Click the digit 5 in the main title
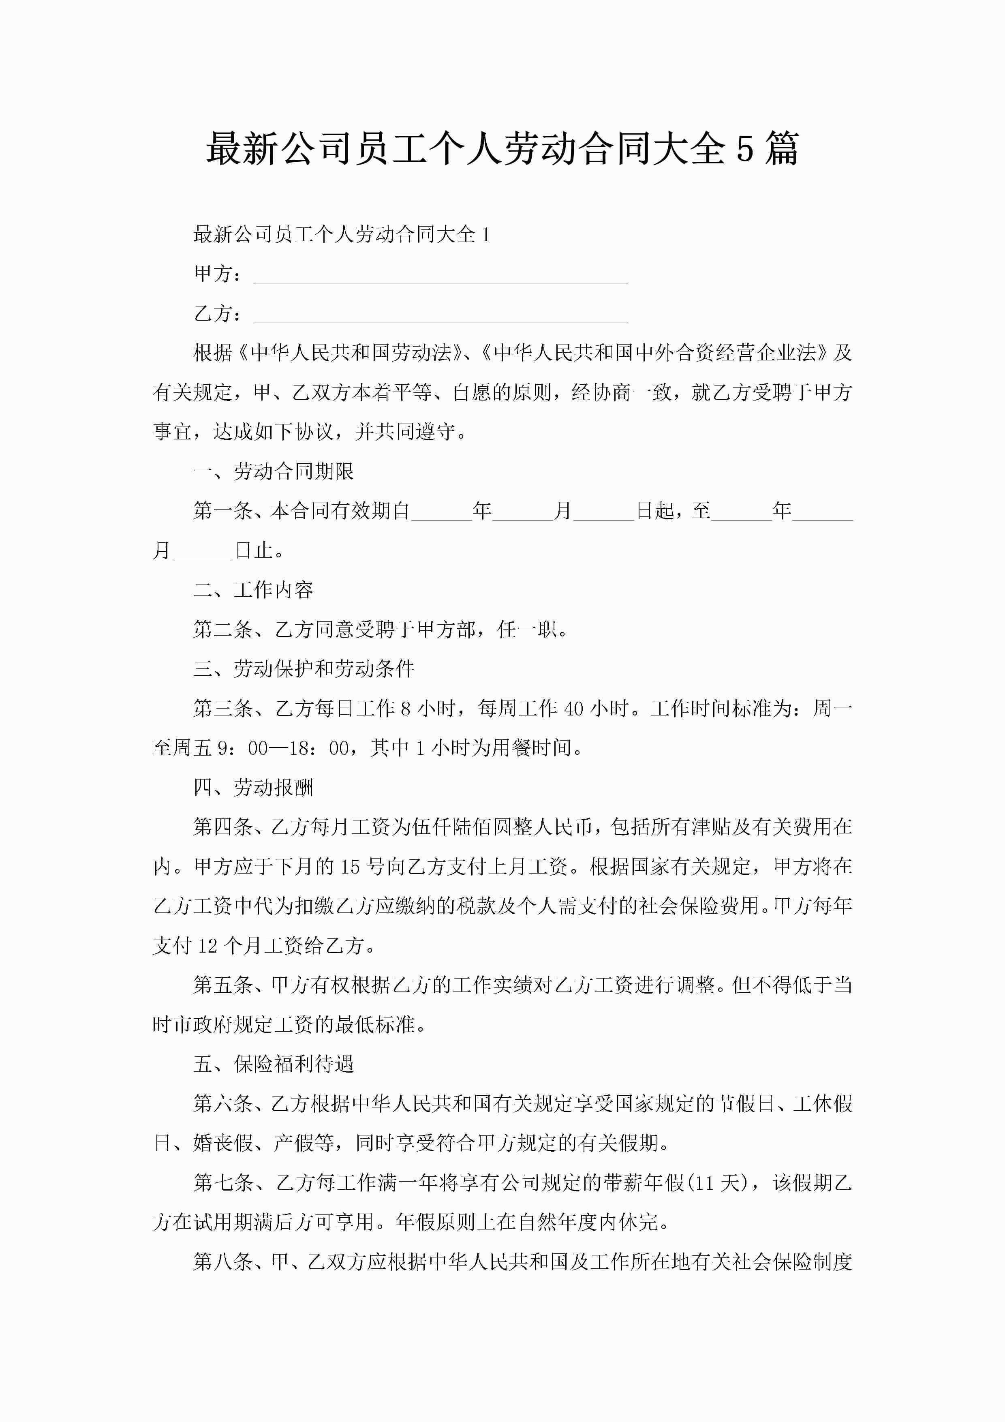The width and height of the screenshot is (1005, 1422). [745, 149]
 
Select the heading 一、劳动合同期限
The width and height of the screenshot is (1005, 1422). [273, 471]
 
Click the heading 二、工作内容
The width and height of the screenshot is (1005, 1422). [253, 590]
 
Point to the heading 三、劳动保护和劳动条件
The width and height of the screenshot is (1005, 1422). [304, 668]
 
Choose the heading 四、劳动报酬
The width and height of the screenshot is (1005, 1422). [253, 787]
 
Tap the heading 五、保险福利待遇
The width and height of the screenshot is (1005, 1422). [273, 1063]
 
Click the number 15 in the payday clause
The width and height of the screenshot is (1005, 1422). [350, 866]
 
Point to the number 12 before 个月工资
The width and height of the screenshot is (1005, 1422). [207, 945]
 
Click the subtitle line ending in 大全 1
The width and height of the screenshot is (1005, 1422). [341, 234]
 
